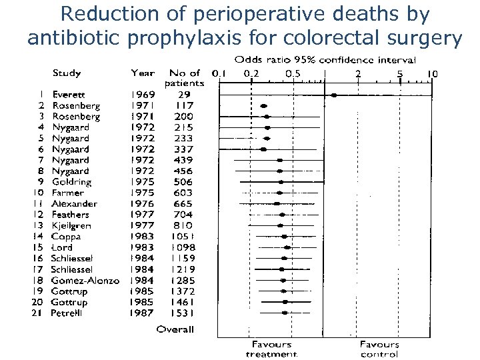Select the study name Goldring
71,182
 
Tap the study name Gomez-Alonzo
85,280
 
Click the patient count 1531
179,313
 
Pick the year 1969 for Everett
143,95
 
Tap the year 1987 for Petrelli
143,313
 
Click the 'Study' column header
67,73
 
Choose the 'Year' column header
143,73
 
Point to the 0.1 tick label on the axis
218,73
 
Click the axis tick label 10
432,73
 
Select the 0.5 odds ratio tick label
292,73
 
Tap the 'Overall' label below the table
175,329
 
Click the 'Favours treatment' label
271,349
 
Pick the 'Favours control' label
379,349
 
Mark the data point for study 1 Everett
334,95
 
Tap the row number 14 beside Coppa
39,236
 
